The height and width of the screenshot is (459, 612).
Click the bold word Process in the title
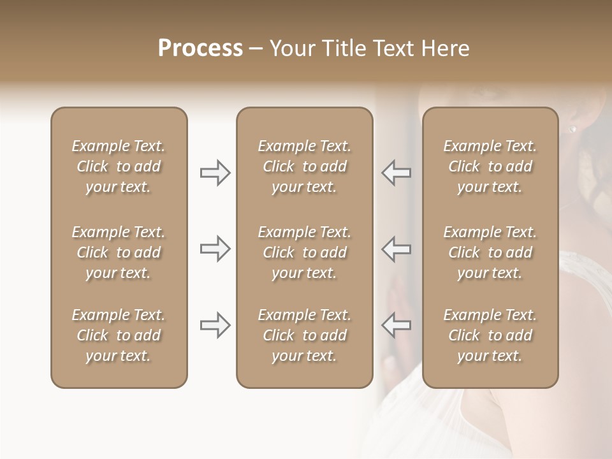click(200, 48)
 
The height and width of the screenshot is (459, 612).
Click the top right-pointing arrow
click(215, 173)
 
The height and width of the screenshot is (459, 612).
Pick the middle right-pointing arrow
click(215, 249)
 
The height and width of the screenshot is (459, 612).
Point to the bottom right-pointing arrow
click(215, 325)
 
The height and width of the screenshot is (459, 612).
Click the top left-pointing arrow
click(396, 173)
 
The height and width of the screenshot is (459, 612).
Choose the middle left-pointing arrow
click(396, 249)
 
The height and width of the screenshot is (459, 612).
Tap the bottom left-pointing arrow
click(396, 325)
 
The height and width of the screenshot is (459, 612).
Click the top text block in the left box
click(119, 166)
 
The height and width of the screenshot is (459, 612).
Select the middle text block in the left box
click(119, 252)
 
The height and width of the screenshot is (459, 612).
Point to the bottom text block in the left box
click(119, 335)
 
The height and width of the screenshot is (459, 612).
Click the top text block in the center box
click(304, 166)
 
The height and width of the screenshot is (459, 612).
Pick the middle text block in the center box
click(304, 252)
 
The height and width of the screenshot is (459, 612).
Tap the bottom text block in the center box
click(304, 335)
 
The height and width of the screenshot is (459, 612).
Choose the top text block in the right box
click(490, 166)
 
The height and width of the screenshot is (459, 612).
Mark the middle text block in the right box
click(490, 252)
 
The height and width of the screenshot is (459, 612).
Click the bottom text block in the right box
click(490, 335)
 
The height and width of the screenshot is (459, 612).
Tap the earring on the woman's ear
click(572, 129)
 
